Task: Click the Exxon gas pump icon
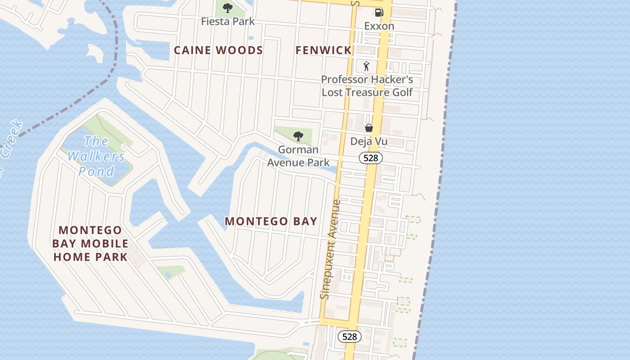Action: (379, 13)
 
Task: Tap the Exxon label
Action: (379, 26)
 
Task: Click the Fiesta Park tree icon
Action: (228, 8)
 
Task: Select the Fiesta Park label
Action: (228, 21)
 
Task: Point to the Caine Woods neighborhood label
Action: (218, 50)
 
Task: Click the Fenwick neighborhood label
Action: (323, 50)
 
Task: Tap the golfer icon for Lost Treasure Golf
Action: (366, 66)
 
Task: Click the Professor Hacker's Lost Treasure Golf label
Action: (367, 86)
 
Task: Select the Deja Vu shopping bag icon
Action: (369, 128)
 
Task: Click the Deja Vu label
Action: (369, 141)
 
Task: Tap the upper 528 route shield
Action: (371, 158)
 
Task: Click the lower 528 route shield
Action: (349, 336)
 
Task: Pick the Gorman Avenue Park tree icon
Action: (297, 136)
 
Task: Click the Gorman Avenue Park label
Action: (298, 156)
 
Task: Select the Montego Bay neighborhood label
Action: (271, 221)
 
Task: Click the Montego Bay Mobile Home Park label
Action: (90, 243)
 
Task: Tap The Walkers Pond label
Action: (96, 156)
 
